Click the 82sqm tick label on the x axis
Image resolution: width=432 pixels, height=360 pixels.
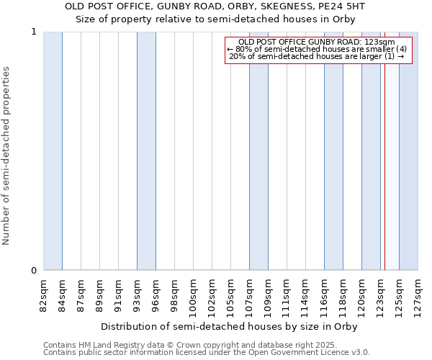point(43,294)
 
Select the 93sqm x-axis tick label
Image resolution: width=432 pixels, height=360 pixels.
point(137,294)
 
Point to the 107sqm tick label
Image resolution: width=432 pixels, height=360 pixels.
point(249,295)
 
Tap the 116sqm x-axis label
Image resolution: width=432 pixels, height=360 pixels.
point(324,295)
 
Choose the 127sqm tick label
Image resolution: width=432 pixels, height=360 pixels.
point(418,295)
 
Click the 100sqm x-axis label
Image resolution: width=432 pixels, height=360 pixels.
point(193,295)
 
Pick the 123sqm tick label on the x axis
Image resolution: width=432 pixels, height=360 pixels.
point(380,295)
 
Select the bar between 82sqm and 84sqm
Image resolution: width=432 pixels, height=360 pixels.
point(53,151)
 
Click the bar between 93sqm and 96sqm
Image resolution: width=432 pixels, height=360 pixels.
point(146,151)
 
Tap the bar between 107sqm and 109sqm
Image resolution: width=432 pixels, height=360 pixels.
point(258,151)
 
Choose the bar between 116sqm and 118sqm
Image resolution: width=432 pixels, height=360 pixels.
point(333,151)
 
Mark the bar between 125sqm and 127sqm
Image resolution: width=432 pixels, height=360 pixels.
point(408,151)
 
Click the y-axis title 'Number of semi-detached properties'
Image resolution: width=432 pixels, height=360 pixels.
point(6,156)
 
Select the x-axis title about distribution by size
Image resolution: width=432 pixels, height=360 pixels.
point(230,326)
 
